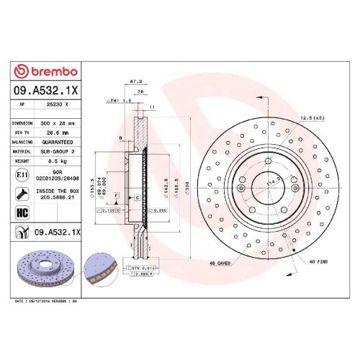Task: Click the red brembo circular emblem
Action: [x=22, y=73]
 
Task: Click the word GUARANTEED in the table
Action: [x=60, y=142]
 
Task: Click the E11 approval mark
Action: [x=22, y=176]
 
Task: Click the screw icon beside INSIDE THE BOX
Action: [x=22, y=193]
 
